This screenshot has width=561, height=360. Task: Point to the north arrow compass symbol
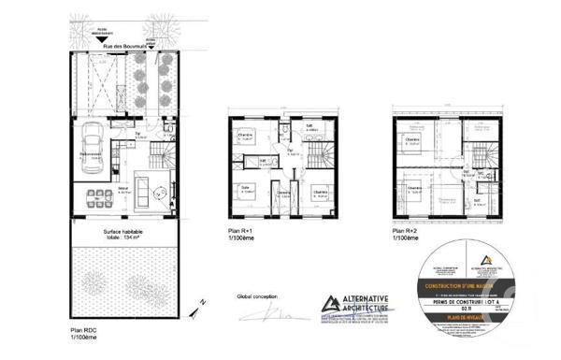click(194, 305)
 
